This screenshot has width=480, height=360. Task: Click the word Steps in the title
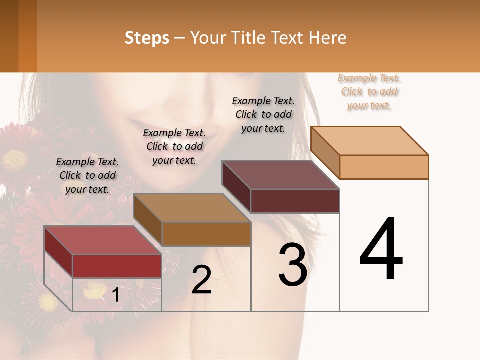click(147, 38)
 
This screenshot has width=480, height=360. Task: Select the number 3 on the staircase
click(293, 265)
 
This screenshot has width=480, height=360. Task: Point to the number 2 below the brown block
click(201, 280)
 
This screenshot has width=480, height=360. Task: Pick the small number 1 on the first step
click(115, 295)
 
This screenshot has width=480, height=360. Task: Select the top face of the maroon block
click(280, 175)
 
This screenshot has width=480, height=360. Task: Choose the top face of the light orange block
click(369, 140)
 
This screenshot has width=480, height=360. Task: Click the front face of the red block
click(117, 266)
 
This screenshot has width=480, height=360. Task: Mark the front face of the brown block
click(206, 234)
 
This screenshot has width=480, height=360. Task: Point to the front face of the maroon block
click(295, 201)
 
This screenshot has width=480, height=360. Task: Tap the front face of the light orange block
click(384, 167)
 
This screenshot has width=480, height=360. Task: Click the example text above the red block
click(87, 175)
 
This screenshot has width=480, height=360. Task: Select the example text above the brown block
click(174, 146)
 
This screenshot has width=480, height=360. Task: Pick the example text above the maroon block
click(263, 114)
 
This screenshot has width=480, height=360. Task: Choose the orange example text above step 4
click(369, 91)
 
